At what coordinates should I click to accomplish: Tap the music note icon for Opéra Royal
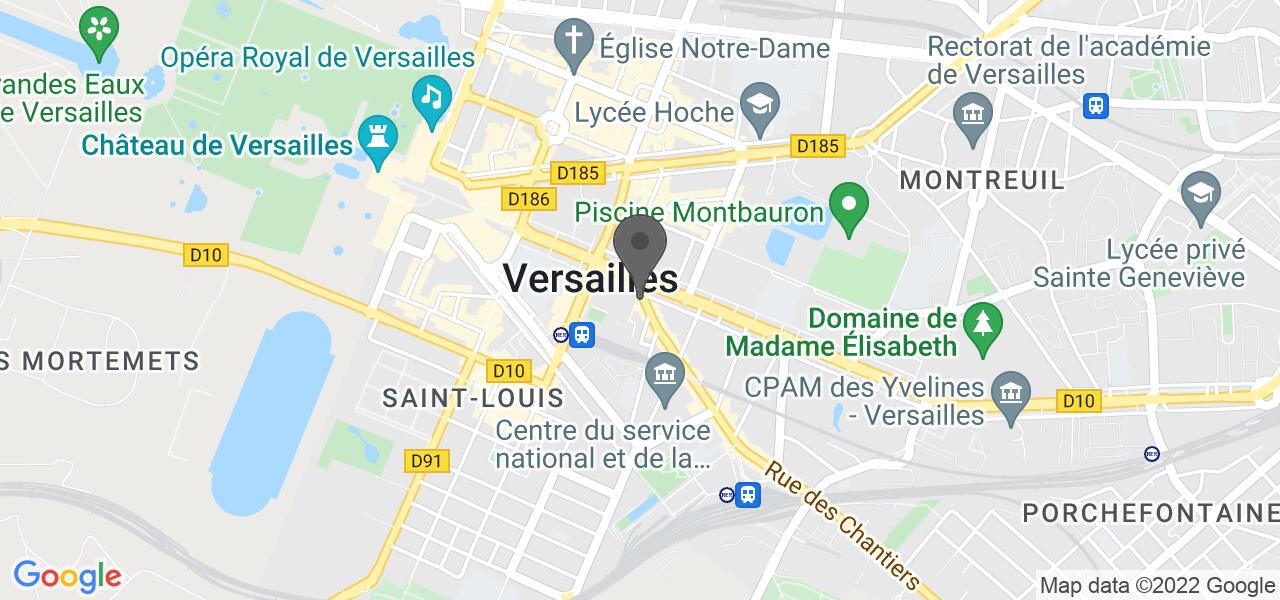431,97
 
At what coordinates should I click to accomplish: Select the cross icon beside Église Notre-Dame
574,44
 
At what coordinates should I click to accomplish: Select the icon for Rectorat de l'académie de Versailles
970,110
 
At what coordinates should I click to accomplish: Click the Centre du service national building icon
662,375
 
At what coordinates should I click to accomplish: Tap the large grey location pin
640,250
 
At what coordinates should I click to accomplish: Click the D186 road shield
529,198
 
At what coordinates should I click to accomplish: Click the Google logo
67,576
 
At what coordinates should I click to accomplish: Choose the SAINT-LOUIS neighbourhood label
474,398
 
